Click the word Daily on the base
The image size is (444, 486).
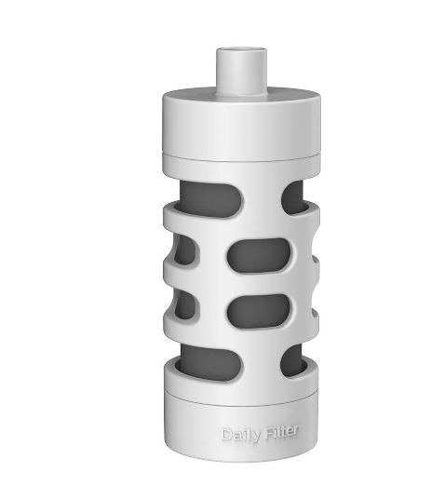coord(241,434)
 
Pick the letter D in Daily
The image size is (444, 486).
coord(226,435)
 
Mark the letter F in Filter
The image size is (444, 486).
coord(268,433)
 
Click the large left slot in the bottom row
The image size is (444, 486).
coord(210,359)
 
